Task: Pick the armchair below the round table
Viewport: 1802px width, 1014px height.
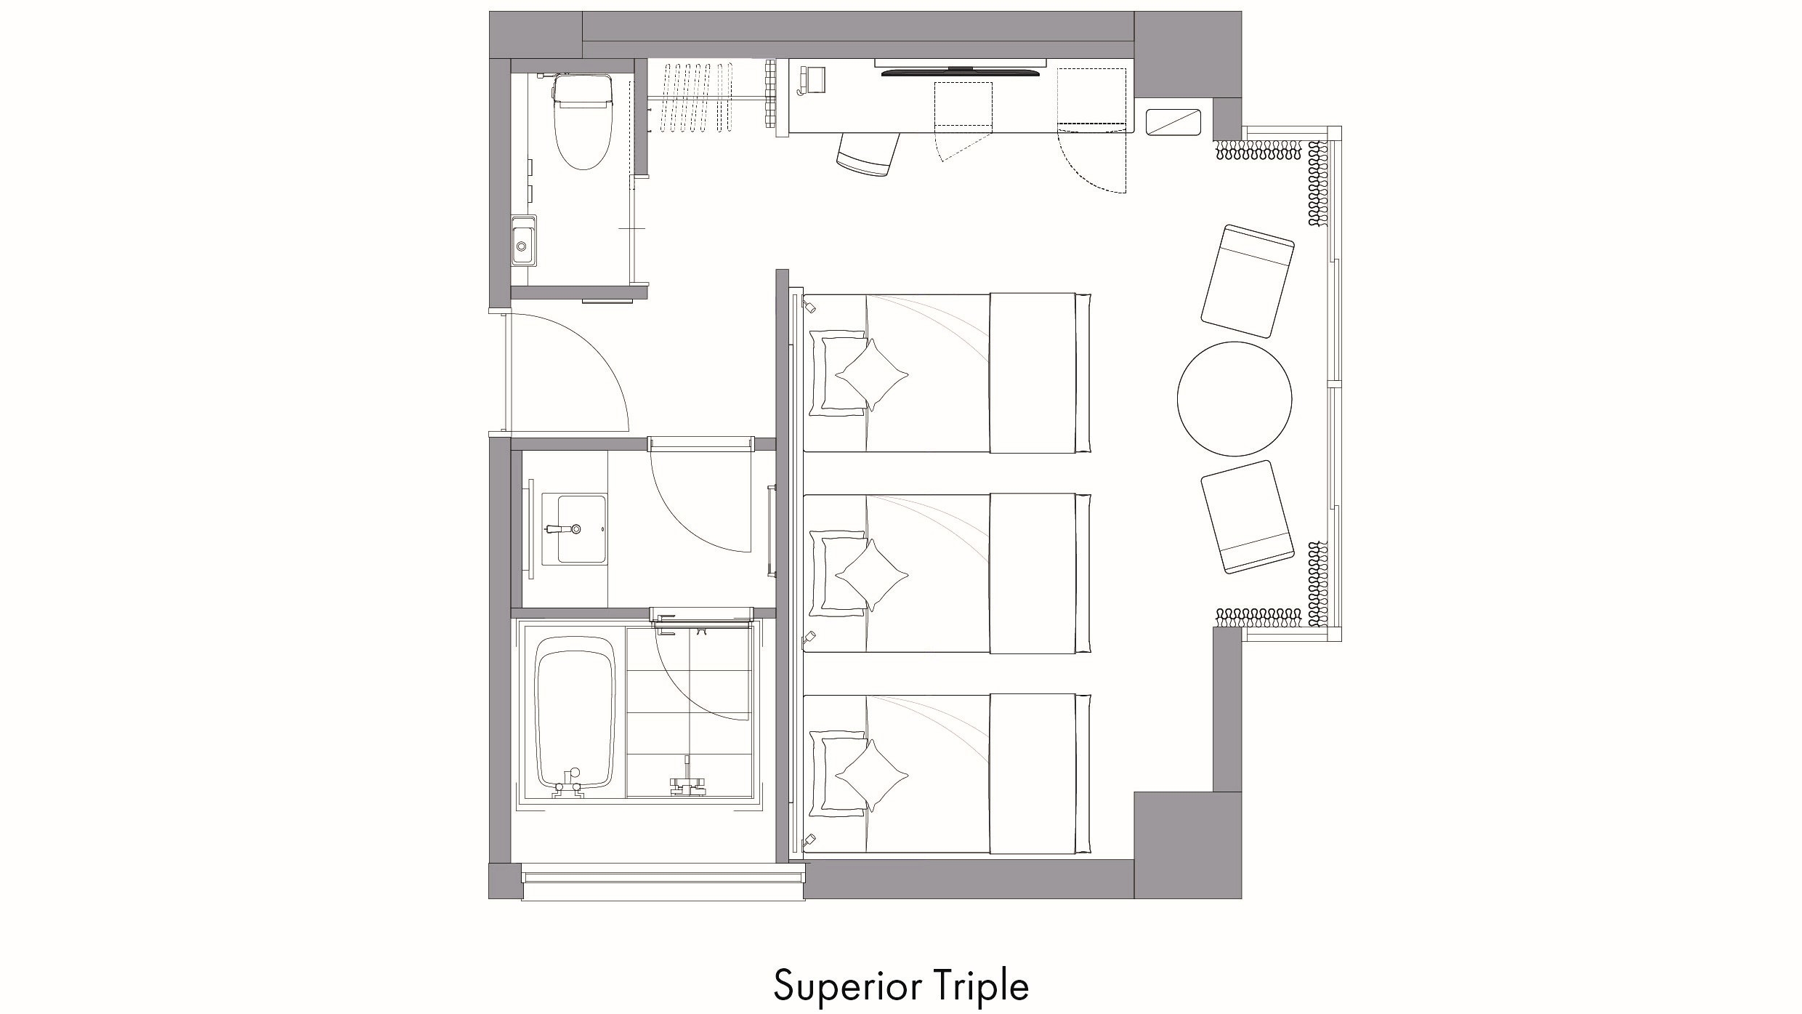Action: (1247, 517)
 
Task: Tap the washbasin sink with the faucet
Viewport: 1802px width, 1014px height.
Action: (582, 528)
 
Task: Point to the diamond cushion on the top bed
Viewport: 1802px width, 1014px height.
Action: (872, 376)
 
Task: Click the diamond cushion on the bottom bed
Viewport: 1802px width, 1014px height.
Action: (872, 776)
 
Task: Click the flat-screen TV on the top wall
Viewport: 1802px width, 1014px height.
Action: (961, 71)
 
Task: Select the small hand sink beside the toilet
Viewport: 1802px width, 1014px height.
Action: (522, 241)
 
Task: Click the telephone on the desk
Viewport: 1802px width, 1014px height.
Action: (812, 80)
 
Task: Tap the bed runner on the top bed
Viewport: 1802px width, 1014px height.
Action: (1033, 373)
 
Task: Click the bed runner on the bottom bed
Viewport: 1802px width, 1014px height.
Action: (1033, 774)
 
